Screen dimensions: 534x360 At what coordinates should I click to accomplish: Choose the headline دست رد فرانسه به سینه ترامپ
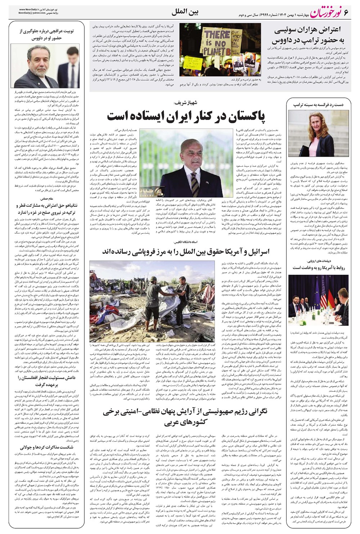coord(317,104)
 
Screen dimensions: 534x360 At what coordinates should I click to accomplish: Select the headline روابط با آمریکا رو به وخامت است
coord(317,267)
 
